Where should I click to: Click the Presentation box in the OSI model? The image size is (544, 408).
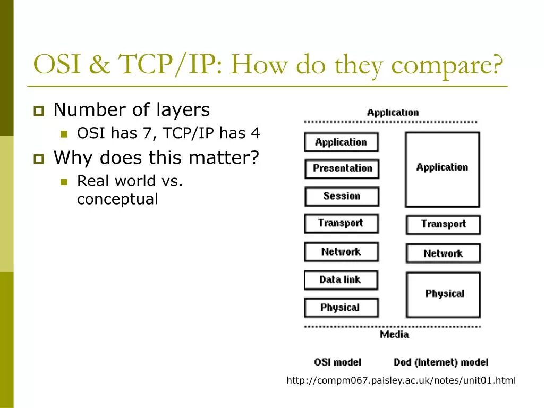[x=342, y=168]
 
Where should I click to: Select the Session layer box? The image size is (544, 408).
[x=342, y=196]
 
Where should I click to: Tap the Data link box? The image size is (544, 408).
[x=341, y=279]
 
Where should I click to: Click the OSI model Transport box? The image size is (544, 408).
[x=341, y=223]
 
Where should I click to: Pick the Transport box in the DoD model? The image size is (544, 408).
[x=443, y=224]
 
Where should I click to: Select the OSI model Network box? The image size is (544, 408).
[x=341, y=251]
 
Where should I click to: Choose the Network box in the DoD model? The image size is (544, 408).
[x=443, y=253]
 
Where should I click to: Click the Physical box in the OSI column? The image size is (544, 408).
[x=341, y=308]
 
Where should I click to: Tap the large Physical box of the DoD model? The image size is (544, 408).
[x=443, y=294]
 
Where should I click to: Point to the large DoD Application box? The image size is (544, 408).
[x=442, y=169]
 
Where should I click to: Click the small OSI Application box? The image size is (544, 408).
[x=341, y=142]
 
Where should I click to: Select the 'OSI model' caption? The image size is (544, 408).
[x=337, y=362]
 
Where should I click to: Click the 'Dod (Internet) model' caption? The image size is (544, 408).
[x=441, y=362]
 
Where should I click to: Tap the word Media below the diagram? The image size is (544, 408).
[x=394, y=335]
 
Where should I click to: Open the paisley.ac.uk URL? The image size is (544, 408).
[x=401, y=380]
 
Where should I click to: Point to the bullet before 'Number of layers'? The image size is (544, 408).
[x=38, y=111]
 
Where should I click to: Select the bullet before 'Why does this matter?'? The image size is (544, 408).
[x=38, y=158]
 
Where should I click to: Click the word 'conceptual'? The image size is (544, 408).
[x=117, y=199]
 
